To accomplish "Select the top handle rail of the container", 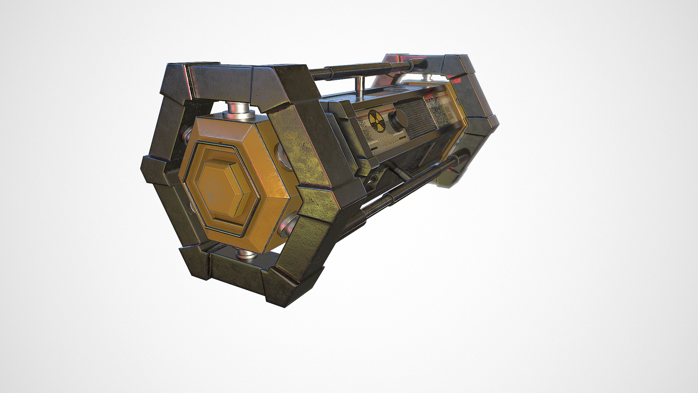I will point(367,69).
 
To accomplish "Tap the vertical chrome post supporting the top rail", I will point(360,86).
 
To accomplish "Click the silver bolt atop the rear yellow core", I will point(429,77).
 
